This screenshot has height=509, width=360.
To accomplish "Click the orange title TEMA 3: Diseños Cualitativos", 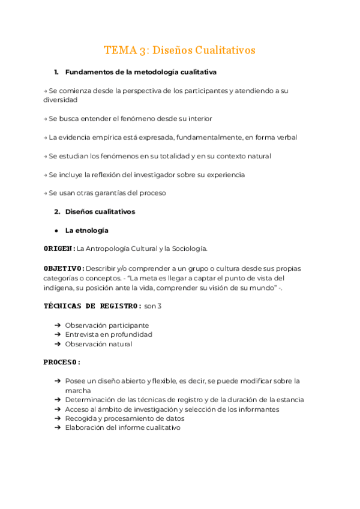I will click(179, 50).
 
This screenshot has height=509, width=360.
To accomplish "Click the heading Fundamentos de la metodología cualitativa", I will click(140, 73).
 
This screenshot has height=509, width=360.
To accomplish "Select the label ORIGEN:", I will click(59, 248).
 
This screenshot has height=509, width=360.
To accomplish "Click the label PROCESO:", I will click(62, 363).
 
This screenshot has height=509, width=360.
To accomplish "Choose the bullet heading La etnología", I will click(86, 230).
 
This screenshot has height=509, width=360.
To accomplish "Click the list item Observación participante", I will click(107, 325).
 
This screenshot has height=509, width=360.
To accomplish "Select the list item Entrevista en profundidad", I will click(109, 334).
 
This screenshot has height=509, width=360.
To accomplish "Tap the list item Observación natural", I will click(98, 344).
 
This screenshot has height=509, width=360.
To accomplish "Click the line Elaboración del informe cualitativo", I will click(122, 427).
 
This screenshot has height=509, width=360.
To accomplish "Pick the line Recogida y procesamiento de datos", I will click(125, 418).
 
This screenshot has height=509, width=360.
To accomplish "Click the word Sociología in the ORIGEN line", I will click(188, 248).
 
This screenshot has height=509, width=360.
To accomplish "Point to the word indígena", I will click(60, 288).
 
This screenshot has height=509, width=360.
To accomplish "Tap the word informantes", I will click(259, 409).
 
